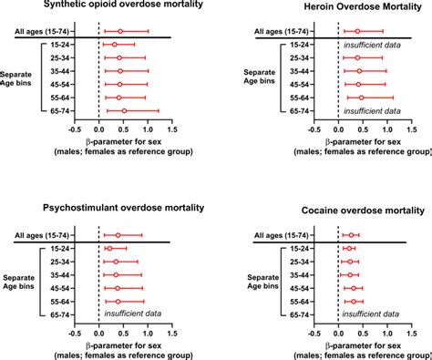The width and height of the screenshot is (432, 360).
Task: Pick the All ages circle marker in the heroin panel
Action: (357, 31)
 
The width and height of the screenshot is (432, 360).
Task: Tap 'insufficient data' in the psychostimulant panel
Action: (136, 314)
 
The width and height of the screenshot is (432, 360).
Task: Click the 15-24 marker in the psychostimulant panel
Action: (109, 248)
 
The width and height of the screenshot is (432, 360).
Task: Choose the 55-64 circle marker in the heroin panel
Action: (361, 98)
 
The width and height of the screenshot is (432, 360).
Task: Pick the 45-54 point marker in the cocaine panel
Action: (355, 287)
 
